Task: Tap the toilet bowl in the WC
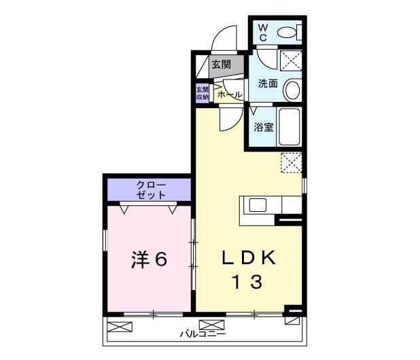click(x=288, y=31)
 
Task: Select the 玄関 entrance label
click(x=220, y=65)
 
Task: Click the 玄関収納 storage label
click(x=203, y=93)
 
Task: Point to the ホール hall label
click(x=228, y=94)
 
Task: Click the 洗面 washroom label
click(x=268, y=84)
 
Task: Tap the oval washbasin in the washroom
click(x=291, y=88)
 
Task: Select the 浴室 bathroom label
click(x=264, y=127)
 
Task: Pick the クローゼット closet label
click(x=150, y=189)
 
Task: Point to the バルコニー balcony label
click(x=203, y=334)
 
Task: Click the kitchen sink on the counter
click(x=258, y=205)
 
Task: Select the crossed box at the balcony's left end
click(x=117, y=327)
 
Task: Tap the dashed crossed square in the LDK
click(x=291, y=162)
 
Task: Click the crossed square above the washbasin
click(x=291, y=60)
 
